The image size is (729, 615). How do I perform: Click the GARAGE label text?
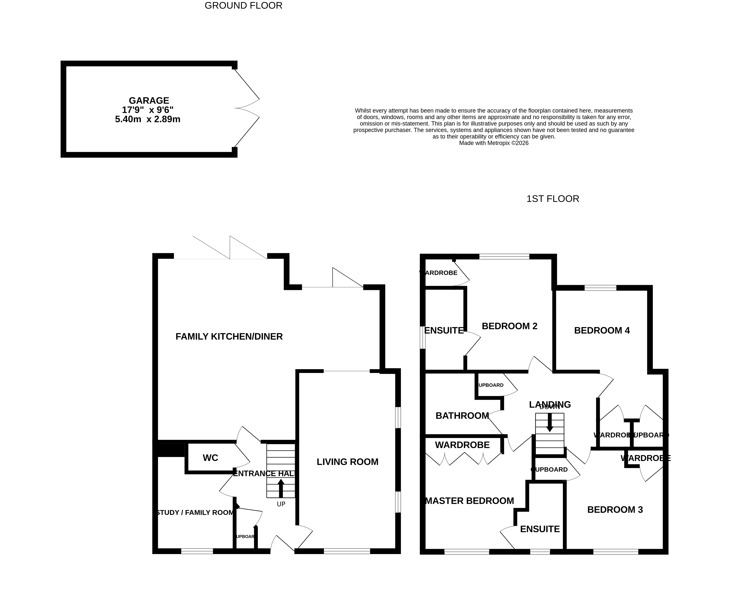tap(149, 100)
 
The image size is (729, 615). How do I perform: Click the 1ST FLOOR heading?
tap(552, 199)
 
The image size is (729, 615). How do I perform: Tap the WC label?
tap(210, 458)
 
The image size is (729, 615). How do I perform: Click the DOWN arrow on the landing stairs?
tap(550, 423)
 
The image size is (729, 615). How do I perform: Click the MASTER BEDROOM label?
tap(469, 501)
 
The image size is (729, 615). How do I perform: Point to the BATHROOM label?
tap(462, 416)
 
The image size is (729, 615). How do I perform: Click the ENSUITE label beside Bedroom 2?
tap(444, 330)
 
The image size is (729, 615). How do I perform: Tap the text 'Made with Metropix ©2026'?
tap(494, 143)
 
